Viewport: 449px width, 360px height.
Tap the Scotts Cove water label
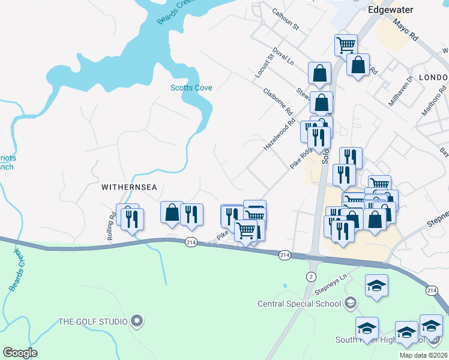tap(191, 88)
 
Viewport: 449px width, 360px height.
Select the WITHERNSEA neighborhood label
tap(129, 187)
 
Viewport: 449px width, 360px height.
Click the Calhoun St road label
tap(285, 19)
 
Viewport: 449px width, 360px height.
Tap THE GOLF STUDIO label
tap(92, 322)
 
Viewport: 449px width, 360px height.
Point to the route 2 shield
tap(310, 276)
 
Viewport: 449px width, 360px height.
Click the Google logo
tap(20, 353)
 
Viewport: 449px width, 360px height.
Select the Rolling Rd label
tap(112, 227)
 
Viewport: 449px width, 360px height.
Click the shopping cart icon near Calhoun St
tap(346, 44)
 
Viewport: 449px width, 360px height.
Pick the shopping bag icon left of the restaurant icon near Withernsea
tap(172, 212)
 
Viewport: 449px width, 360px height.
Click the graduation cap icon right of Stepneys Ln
tap(376, 286)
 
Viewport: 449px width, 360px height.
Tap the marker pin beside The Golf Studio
tap(137, 321)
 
